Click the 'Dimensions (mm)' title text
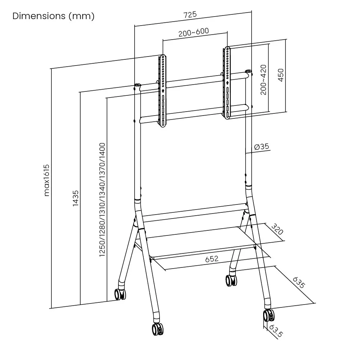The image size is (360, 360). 53,17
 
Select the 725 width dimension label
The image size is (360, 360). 190,15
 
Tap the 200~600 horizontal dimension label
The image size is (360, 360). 193,32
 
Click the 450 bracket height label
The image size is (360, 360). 280,75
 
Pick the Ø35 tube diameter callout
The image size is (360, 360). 262,147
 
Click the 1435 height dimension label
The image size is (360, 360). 75,198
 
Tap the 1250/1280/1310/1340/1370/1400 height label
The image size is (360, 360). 102,199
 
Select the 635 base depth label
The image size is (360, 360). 298,283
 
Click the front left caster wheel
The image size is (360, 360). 157,329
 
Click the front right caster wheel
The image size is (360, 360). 269,316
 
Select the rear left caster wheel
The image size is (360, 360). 120,294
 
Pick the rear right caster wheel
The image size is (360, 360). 231,280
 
